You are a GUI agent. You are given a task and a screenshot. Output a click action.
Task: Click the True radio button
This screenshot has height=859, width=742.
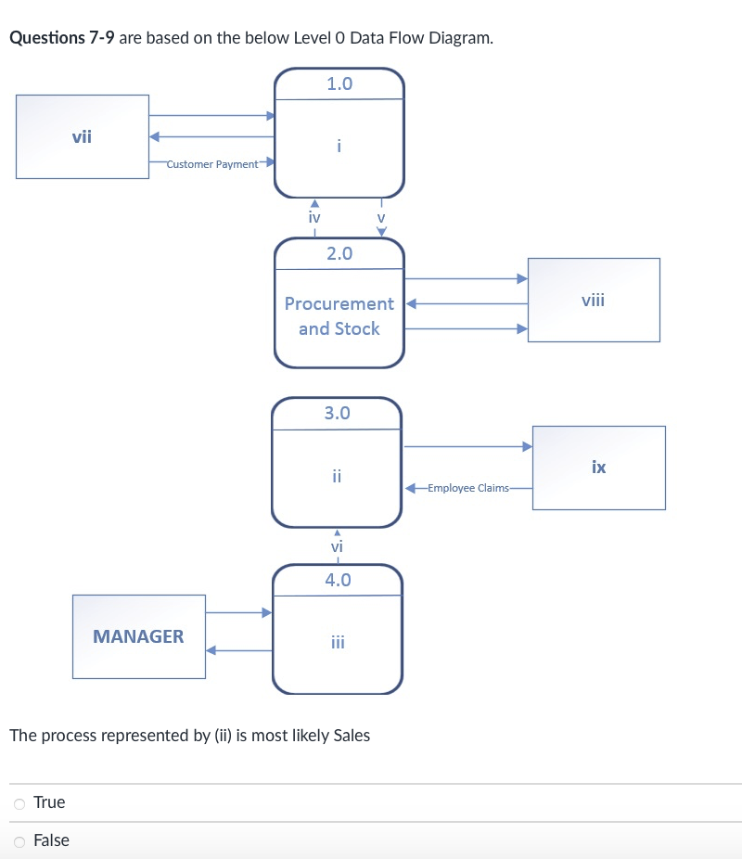(19, 802)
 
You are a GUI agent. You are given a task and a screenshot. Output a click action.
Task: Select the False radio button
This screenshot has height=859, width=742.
(19, 840)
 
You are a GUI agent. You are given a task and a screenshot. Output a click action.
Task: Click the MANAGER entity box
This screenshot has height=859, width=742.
(139, 636)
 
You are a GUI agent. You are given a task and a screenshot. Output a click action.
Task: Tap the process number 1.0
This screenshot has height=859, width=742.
(339, 83)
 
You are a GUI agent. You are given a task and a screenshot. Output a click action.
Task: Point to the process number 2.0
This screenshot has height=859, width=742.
(339, 253)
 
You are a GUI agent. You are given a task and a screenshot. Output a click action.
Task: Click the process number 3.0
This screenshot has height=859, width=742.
(338, 413)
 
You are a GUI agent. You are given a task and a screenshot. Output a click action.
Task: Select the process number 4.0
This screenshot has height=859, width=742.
(338, 580)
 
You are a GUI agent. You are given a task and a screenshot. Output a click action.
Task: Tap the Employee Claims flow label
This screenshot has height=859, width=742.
(476, 488)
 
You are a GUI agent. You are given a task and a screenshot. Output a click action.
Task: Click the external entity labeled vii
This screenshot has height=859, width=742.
(83, 136)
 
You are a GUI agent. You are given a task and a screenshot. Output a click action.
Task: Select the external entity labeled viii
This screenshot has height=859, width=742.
(594, 300)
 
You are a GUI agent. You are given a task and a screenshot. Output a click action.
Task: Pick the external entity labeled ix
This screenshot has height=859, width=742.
(598, 467)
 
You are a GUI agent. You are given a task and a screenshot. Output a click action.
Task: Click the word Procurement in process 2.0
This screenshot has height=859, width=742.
(339, 303)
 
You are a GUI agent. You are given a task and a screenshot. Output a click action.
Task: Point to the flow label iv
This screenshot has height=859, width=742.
(314, 217)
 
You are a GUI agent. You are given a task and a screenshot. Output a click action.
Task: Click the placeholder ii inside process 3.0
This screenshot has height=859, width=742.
(338, 477)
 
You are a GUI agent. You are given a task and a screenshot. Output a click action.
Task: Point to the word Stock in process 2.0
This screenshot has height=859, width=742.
(357, 328)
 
